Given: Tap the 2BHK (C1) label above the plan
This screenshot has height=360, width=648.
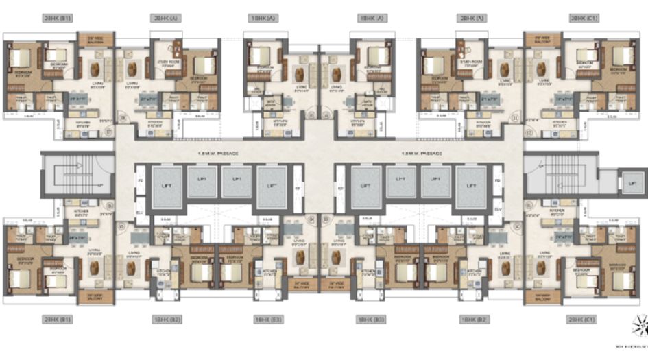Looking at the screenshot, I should coord(581,19).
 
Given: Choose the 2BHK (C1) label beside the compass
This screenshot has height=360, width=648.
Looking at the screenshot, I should coord(581,320).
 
